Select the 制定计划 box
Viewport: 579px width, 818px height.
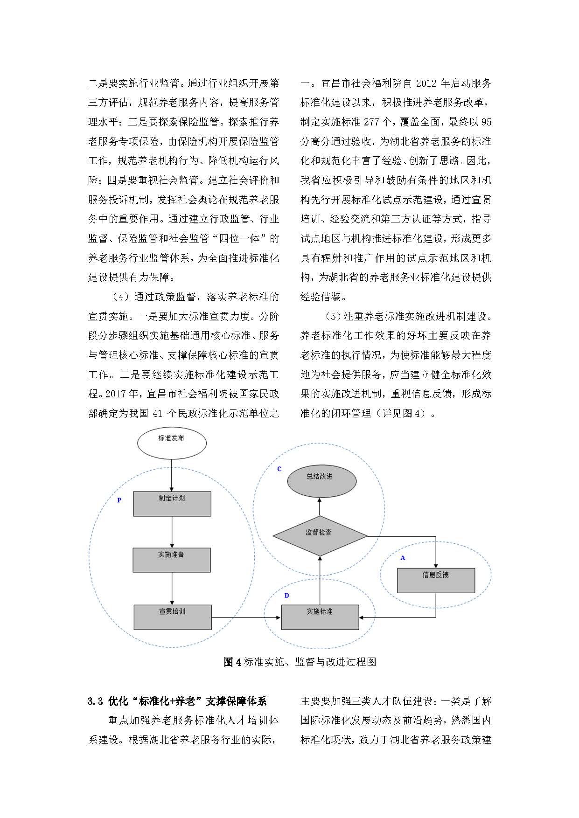[172, 503]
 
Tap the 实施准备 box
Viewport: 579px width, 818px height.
[171, 560]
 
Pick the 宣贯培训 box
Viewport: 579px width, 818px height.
[172, 617]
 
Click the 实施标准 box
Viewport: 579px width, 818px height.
[320, 617]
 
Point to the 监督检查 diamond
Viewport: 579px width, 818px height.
[320, 535]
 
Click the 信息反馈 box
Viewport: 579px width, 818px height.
[436, 580]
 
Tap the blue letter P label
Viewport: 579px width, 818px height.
[119, 500]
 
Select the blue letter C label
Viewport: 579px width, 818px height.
[279, 469]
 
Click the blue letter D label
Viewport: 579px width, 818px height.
[286, 596]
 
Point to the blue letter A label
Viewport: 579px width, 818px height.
[403, 558]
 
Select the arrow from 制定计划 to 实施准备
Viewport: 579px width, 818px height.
[172, 532]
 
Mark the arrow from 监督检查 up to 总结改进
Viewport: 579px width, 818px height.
[320, 507]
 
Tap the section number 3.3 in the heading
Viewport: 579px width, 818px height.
[95, 701]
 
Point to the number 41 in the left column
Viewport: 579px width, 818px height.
[159, 413]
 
